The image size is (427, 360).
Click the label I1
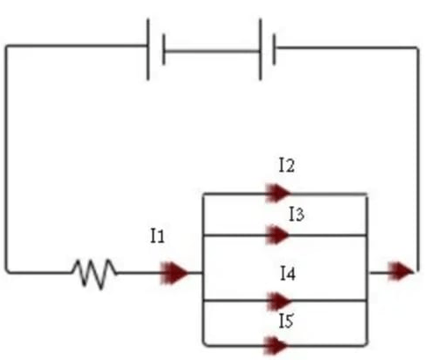coord(158,236)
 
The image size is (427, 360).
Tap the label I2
coord(287,165)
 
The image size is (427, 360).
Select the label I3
coord(297,214)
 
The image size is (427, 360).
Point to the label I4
coord(288,273)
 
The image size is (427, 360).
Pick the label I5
coord(286,320)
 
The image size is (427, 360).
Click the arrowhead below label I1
coord(174,273)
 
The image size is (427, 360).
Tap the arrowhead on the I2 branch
coord(277,193)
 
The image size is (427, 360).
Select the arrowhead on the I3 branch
coord(277,235)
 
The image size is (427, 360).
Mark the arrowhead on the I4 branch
coord(279,301)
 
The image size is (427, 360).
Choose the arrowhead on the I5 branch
coord(276,345)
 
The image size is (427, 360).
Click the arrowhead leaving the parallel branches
coord(401,271)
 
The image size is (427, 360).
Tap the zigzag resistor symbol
coord(94,274)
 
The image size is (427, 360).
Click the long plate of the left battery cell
coord(148,49)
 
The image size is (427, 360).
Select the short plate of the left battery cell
coord(164,49)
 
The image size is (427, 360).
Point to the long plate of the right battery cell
coord(261,49)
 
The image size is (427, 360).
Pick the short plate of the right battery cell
coord(274,49)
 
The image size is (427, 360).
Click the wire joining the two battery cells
coord(212,51)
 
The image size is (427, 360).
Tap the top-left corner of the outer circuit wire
coord(6,47)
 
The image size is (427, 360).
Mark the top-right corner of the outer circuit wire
coord(417,48)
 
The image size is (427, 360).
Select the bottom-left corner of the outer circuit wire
coord(7,272)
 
